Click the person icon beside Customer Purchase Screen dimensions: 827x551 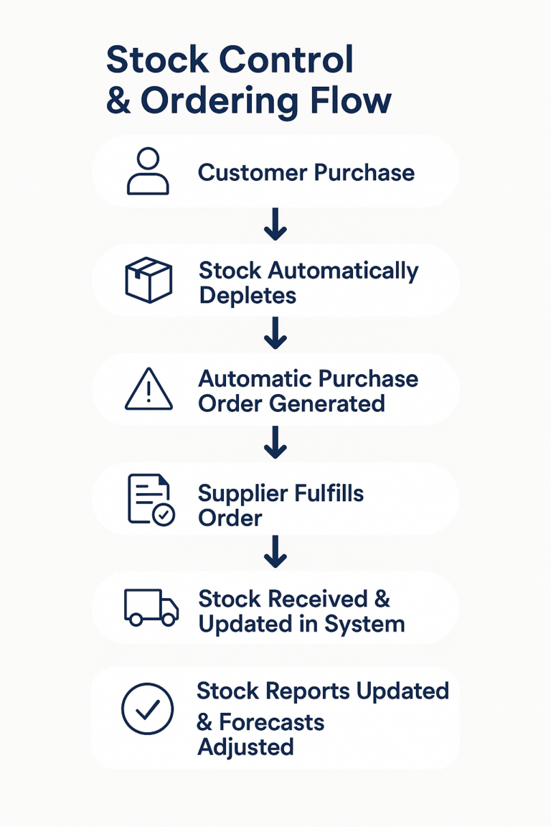tap(148, 172)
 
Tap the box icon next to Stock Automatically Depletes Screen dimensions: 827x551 tap(149, 279)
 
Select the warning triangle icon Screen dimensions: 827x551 tap(149, 391)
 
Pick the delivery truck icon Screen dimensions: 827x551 tap(151, 607)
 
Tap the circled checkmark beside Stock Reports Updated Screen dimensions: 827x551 tap(148, 709)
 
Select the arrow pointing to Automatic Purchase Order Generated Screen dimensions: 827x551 tap(275, 335)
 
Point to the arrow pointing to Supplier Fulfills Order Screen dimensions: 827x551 tap(275, 444)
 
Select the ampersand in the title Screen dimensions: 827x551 tap(118, 101)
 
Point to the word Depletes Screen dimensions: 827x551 tap(248, 295)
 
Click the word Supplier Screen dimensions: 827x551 tap(242, 494)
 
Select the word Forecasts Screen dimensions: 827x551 tap(271, 721)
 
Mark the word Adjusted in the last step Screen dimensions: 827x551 tap(246, 747)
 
